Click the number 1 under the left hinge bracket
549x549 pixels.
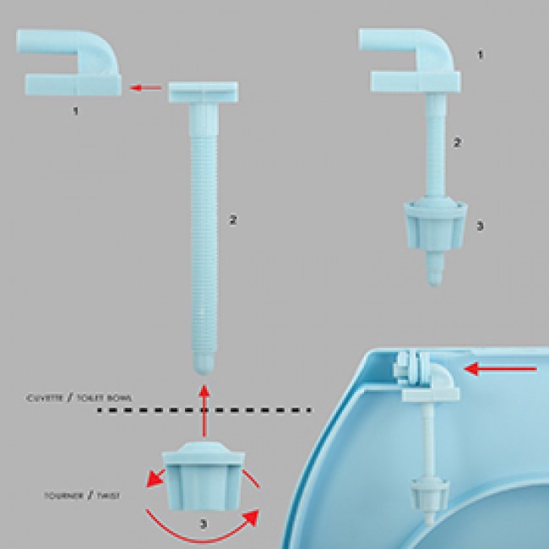[x=75, y=111]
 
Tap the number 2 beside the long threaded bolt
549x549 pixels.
[x=233, y=220]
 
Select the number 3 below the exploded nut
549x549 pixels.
[x=204, y=524]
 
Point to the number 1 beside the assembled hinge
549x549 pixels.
[x=481, y=55]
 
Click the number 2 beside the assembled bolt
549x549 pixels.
[x=457, y=143]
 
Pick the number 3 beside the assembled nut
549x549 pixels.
[x=480, y=226]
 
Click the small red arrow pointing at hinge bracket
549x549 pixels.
[x=145, y=88]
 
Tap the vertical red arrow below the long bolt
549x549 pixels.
[x=204, y=410]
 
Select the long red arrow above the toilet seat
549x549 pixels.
[x=500, y=369]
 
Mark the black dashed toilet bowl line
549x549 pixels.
[x=204, y=410]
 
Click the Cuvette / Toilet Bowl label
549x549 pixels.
[x=79, y=398]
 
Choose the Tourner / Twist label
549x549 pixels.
[x=82, y=496]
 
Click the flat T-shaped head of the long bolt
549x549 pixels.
[x=204, y=92]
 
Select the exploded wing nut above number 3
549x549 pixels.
[x=203, y=476]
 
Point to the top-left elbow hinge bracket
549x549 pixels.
[x=69, y=63]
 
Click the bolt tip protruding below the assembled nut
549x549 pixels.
[x=435, y=269]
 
